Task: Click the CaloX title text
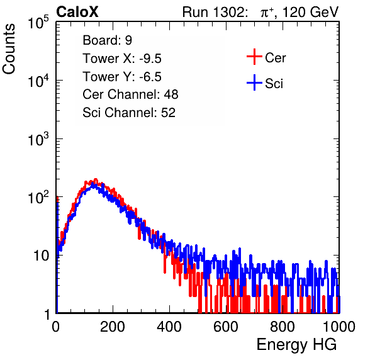point(77,12)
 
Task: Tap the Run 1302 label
point(215,12)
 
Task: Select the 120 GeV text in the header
point(310,12)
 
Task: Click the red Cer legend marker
point(254,57)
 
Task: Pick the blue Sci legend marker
point(254,82)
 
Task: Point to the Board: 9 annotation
point(108,40)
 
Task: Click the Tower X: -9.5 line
point(122,59)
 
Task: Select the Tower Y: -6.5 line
point(122,77)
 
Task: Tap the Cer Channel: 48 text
point(130,94)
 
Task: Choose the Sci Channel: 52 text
point(129,113)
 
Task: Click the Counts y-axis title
point(9,49)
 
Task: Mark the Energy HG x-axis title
point(296,345)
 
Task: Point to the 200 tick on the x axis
point(113,327)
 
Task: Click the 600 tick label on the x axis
point(226,327)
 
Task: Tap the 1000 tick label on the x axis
point(339,327)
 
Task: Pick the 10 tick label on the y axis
point(41,256)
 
